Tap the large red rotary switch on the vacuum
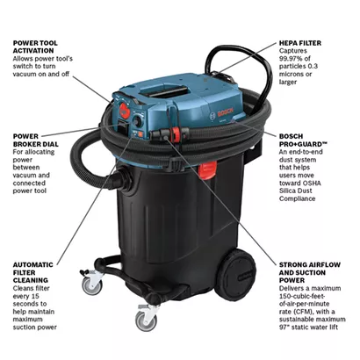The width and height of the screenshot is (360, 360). point(125,111)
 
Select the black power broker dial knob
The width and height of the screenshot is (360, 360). point(137,121)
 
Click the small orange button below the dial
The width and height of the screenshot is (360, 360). point(140,134)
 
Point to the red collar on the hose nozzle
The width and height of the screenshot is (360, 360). point(176,134)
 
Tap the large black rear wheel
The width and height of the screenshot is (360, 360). point(234,275)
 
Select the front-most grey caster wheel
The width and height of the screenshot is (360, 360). point(146,321)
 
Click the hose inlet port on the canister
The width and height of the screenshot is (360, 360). point(125,178)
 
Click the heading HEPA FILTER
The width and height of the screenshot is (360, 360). point(300,43)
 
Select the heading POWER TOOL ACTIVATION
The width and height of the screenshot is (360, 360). point(35,47)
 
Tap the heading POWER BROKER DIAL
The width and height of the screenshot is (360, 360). point(36,140)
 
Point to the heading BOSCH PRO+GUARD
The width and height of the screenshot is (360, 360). point(303,140)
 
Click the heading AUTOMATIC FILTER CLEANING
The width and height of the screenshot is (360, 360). point(33,272)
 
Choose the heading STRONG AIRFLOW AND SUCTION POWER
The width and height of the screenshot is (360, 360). point(310,272)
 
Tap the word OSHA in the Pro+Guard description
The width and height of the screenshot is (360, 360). point(312,184)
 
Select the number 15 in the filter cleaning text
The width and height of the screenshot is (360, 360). point(34,296)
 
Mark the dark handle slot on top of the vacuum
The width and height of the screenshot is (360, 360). point(166,90)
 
